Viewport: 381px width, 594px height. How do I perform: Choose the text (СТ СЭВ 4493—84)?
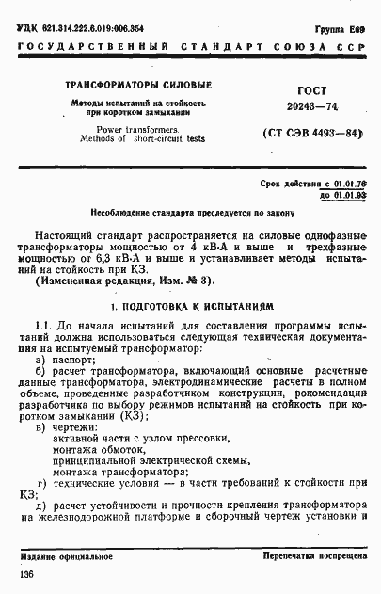pos(310,134)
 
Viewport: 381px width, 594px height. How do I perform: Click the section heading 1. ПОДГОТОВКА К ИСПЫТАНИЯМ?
pos(191,307)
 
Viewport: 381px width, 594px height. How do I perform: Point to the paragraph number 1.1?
pos(43,325)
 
